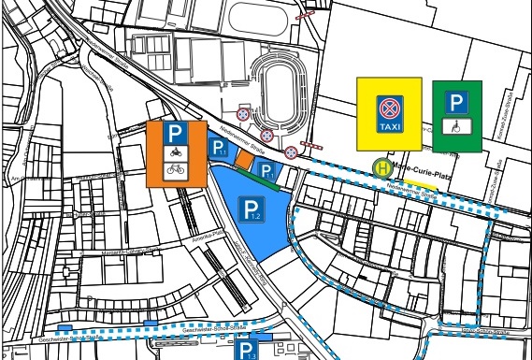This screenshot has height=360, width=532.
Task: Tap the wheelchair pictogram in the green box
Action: click(456, 122)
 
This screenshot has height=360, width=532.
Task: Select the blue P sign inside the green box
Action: click(456, 103)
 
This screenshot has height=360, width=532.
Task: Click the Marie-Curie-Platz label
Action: click(416, 168)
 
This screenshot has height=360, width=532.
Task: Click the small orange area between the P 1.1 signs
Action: click(243, 161)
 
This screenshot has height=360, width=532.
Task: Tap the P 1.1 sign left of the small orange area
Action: click(218, 148)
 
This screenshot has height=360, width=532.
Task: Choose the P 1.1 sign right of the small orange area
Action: click(266, 170)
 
